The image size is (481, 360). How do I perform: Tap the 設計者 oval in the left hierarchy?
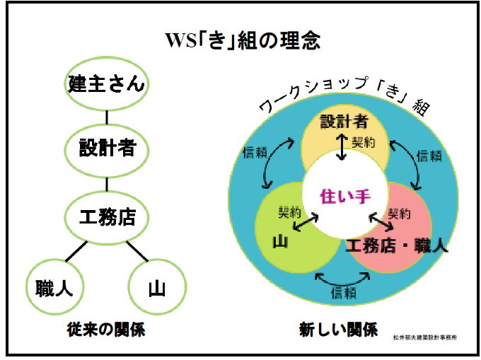107,149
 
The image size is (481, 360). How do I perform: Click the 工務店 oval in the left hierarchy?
107,215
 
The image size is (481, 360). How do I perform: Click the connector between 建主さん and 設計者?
107,117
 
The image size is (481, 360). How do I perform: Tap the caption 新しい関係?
338,330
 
